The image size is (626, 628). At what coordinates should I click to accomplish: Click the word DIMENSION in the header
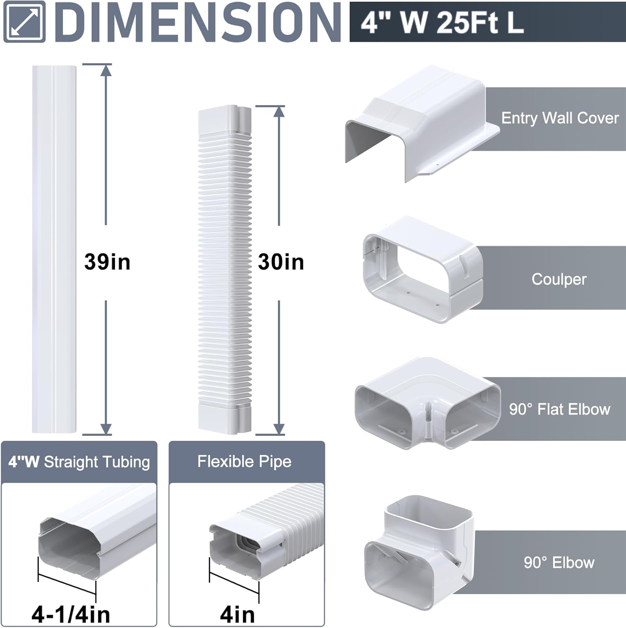(x=198, y=22)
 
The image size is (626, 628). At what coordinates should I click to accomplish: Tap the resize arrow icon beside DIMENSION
(x=24, y=22)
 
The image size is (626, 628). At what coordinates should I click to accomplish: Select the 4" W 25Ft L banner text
(x=442, y=22)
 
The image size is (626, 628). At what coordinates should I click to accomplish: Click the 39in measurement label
(x=107, y=262)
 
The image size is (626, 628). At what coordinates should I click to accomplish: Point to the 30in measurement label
(x=281, y=262)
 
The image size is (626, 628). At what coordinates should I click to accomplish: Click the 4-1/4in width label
(x=71, y=614)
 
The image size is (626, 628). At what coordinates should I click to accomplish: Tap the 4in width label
(x=237, y=615)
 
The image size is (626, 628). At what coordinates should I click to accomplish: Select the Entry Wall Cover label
(x=560, y=118)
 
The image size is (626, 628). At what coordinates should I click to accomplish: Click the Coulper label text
(x=559, y=279)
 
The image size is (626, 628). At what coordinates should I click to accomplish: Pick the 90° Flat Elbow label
(x=560, y=409)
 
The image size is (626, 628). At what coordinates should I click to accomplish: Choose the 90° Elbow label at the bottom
(x=559, y=562)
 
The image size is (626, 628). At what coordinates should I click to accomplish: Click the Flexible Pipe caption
(x=245, y=461)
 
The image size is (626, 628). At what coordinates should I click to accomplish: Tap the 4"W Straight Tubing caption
(x=79, y=462)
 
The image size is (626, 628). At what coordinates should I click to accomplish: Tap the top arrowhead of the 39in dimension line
(x=106, y=70)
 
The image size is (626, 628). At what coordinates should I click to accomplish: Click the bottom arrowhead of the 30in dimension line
(x=279, y=428)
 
